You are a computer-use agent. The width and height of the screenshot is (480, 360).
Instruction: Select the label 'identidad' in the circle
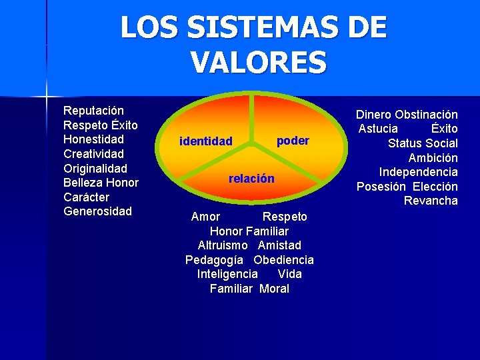206,141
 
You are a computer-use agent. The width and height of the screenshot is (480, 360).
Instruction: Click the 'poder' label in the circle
293,141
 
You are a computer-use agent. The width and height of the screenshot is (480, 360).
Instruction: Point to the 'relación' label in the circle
251,179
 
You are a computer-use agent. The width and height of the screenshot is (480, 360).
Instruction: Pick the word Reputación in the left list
93,110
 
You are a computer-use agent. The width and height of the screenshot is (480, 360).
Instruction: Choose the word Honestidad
93,139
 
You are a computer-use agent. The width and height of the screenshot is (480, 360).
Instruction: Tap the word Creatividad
94,154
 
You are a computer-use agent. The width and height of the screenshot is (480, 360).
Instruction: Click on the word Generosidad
98,211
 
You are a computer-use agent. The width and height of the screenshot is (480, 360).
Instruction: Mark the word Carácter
86,197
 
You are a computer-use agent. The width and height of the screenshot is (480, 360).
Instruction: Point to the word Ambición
433,158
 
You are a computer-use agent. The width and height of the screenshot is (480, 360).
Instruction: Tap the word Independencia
418,172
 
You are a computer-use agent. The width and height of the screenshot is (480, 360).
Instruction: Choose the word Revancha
431,201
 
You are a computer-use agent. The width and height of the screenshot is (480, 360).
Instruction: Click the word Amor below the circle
205,217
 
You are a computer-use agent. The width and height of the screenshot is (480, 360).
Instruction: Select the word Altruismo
223,245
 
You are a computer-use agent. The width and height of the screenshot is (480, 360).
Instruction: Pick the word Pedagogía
213,260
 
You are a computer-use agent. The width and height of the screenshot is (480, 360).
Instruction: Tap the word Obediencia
283,260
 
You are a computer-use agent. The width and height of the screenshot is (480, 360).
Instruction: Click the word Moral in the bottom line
274,289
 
